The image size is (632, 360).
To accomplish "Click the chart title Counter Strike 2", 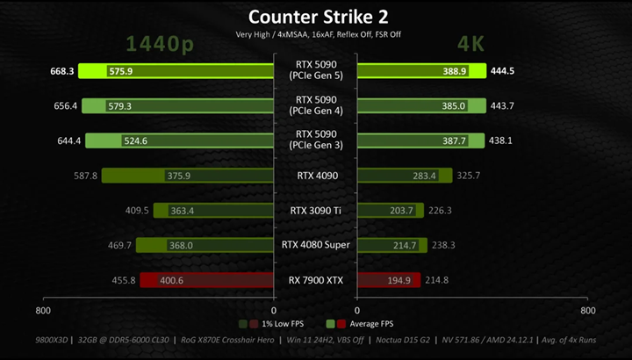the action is tap(318, 17).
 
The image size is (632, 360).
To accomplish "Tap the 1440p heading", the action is tap(160, 44).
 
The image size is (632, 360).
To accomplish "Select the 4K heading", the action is tap(470, 44).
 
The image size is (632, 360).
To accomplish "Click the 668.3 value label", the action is tap(62, 71).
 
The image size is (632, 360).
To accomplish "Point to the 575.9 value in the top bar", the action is tap(121, 71).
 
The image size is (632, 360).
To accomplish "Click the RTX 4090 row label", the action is tap(318, 176).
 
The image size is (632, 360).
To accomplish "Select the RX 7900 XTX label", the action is tap(316, 280).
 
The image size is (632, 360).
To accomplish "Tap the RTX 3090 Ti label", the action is tap(316, 211).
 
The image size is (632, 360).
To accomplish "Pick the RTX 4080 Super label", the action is tap(316, 245).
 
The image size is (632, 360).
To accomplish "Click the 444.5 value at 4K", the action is tap(502, 71).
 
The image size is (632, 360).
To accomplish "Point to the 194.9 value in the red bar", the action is tap(399, 281).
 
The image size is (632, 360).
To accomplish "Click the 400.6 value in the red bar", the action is tap(172, 281).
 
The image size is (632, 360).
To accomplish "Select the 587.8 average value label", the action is tap(85, 176).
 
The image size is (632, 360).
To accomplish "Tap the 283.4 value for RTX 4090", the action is tap(425, 176).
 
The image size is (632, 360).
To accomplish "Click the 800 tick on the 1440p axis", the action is tap(43, 311).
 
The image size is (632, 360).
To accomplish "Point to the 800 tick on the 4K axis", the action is tap(588, 311).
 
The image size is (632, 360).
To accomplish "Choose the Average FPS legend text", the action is tap(371, 324).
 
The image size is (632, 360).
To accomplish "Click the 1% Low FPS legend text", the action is tap(283, 324).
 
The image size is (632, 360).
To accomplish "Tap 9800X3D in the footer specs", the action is tap(51, 340).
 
